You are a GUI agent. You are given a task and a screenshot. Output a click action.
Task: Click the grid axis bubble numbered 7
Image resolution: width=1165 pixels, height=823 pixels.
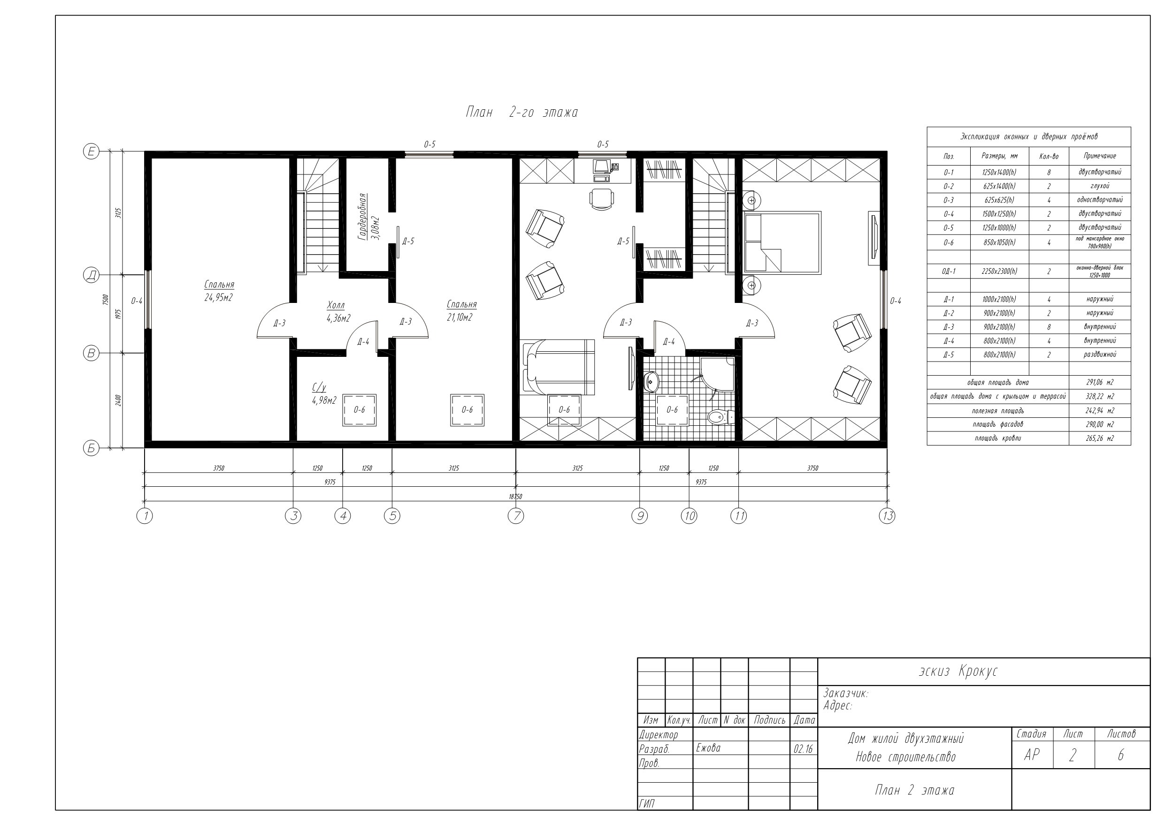[x=515, y=516]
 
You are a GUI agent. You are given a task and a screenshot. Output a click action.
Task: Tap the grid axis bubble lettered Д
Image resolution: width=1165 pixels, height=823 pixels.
[x=91, y=275]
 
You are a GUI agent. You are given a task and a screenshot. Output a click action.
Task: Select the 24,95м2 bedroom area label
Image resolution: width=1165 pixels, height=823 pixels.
[x=218, y=298]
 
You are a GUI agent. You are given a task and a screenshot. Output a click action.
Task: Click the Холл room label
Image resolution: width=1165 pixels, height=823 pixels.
[x=336, y=305]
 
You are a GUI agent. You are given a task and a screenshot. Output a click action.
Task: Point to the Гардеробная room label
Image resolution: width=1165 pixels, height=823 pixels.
[x=362, y=217]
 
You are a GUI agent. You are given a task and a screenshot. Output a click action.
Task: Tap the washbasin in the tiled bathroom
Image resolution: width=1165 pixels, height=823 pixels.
[x=651, y=382]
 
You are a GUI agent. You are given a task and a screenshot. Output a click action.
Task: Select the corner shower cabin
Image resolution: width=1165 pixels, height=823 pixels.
[x=717, y=374]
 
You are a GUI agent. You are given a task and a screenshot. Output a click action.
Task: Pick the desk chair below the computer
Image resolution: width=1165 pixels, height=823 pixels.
[x=601, y=199]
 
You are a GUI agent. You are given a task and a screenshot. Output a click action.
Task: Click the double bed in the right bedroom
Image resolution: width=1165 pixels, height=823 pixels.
[x=782, y=243]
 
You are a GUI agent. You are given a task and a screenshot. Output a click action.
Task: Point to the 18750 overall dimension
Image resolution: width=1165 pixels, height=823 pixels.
[x=515, y=497]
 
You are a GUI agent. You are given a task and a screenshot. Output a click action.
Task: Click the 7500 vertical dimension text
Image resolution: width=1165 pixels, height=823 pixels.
[x=106, y=299]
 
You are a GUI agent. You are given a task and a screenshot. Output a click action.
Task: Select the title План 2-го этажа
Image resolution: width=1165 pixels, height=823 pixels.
[x=521, y=113]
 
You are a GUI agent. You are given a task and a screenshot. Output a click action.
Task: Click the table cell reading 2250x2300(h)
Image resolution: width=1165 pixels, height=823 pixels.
[x=999, y=272]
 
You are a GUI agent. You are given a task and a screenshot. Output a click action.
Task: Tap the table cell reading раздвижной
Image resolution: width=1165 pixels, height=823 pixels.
[x=1100, y=355]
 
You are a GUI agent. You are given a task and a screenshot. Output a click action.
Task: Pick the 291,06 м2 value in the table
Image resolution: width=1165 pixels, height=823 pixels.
[x=1100, y=382]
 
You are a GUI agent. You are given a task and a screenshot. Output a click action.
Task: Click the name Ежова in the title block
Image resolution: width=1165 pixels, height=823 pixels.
[x=708, y=748]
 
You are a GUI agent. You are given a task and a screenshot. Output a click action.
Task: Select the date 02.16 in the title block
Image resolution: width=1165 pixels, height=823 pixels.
[x=803, y=749]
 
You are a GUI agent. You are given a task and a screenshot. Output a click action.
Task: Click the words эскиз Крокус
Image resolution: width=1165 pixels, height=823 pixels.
[x=958, y=672]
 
